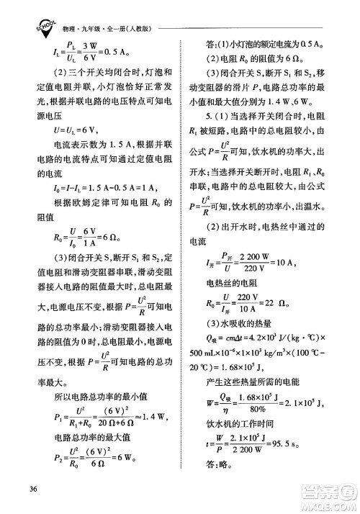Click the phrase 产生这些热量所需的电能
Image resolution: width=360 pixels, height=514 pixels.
click(x=264, y=380)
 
